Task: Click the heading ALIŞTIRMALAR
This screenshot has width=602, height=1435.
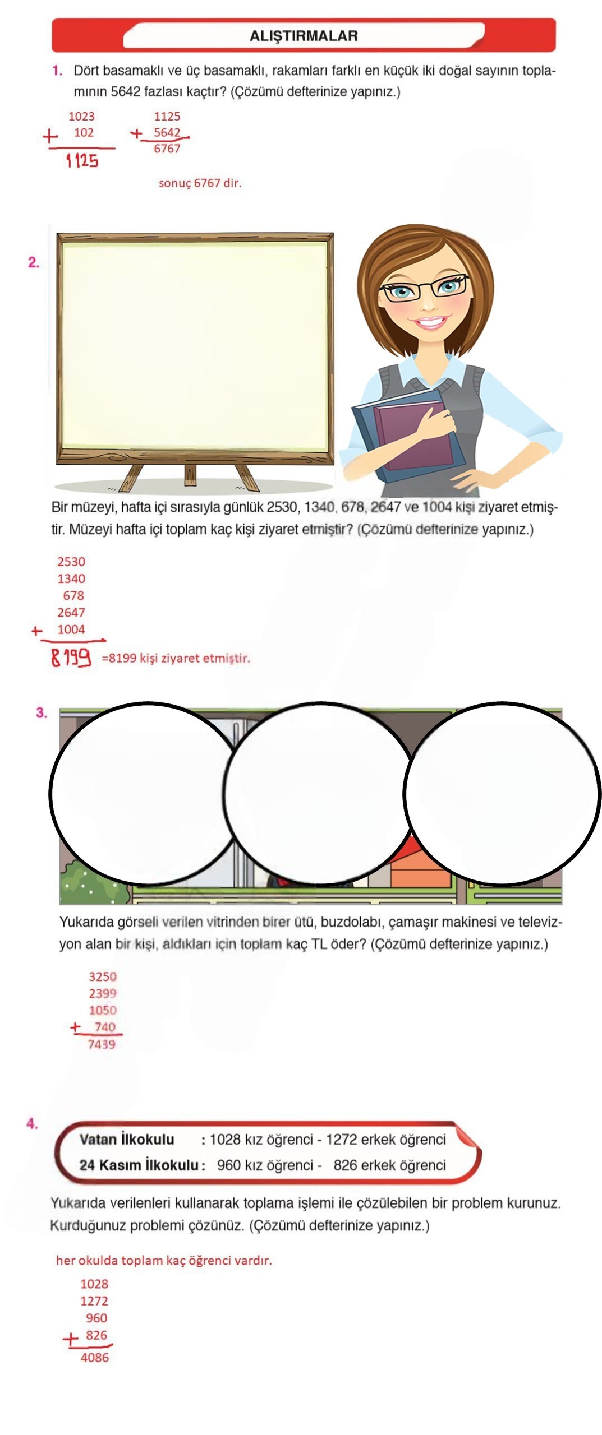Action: click(304, 36)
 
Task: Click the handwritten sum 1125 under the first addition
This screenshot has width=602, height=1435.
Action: click(82, 161)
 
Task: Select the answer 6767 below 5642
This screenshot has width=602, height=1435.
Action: click(167, 149)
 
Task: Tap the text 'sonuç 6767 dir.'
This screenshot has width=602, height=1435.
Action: click(200, 183)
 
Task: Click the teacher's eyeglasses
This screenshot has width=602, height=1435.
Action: click(424, 287)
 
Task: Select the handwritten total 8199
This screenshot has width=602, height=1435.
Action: click(71, 656)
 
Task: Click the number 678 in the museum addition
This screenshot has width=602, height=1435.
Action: click(73, 595)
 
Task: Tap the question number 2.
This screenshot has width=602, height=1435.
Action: click(34, 262)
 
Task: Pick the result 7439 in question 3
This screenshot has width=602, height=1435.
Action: click(102, 1044)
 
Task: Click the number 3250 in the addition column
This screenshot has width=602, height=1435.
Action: click(103, 976)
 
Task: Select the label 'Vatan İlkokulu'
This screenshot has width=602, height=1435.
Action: click(127, 1140)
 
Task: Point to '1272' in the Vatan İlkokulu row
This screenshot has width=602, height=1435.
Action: click(342, 1140)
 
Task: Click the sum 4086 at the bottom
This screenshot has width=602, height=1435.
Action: click(95, 1358)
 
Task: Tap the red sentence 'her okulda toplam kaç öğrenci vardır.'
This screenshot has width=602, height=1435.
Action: click(164, 1260)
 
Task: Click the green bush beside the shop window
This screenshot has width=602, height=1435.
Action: click(84, 882)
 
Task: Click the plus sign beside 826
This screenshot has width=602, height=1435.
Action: click(71, 1340)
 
